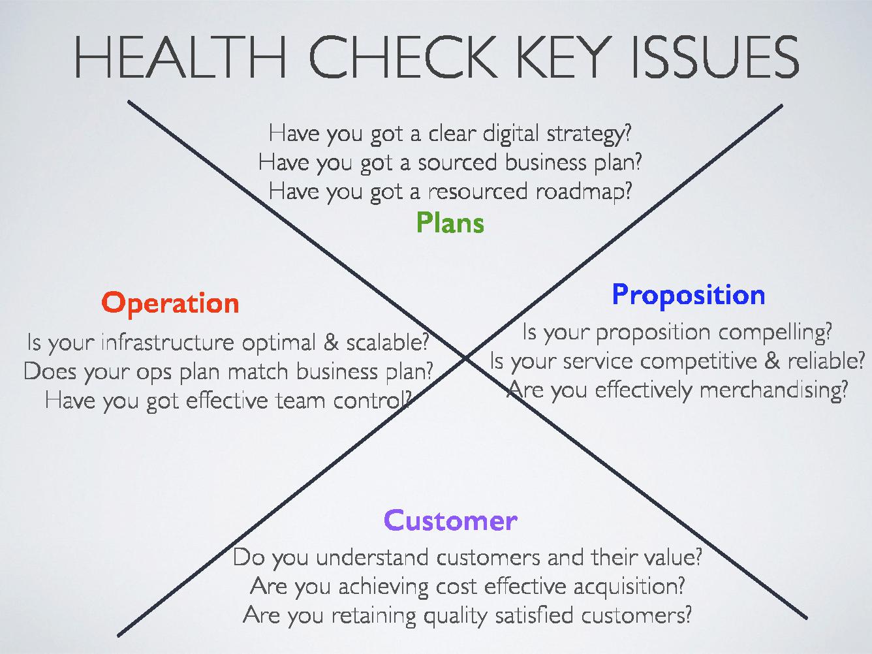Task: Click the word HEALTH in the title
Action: pyautogui.click(x=180, y=57)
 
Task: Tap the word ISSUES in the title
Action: pyautogui.click(x=715, y=57)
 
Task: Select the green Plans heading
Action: pyautogui.click(x=450, y=223)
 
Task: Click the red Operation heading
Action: pyautogui.click(x=170, y=304)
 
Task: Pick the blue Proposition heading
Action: pyautogui.click(x=688, y=296)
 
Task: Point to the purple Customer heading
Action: pyautogui.click(x=450, y=521)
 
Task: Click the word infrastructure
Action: pyautogui.click(x=168, y=342)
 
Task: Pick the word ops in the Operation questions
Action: pyautogui.click(x=154, y=373)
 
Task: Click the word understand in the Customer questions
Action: pyautogui.click(x=372, y=557)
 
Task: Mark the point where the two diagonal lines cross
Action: pyautogui.click(x=465, y=358)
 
